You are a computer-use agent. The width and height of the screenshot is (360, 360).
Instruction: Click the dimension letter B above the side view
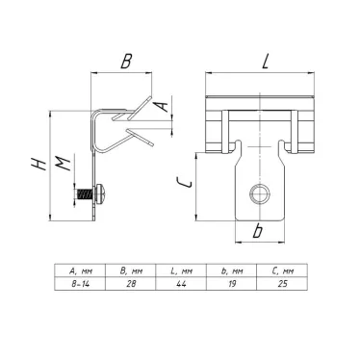click(x=126, y=61)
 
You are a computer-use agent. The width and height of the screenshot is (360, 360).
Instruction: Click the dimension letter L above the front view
click(x=265, y=61)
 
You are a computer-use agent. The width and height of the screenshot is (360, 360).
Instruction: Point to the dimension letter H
click(x=39, y=164)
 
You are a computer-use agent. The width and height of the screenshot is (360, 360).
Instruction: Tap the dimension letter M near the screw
click(x=63, y=164)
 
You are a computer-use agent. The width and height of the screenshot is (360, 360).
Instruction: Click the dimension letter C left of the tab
click(x=184, y=183)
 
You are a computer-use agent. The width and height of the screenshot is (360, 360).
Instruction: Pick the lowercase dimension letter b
click(x=257, y=231)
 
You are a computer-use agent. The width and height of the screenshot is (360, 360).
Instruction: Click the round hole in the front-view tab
click(x=260, y=193)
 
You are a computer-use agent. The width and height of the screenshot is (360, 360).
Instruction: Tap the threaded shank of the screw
click(x=85, y=193)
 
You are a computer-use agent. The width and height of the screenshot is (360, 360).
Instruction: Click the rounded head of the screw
click(x=102, y=193)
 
